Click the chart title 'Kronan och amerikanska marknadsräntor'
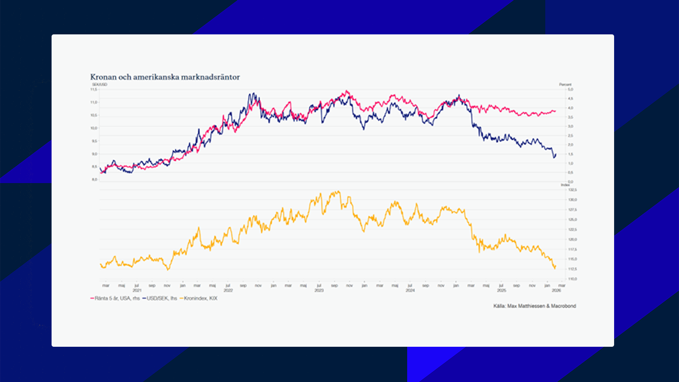pyautogui.click(x=165, y=77)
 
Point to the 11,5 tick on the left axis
pyautogui.click(x=94, y=89)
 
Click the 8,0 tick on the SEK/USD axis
pyautogui.click(x=94, y=180)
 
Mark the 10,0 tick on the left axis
pyautogui.click(x=94, y=128)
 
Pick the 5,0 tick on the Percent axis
pyautogui.click(x=570, y=89)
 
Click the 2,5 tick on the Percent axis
pyautogui.click(x=570, y=136)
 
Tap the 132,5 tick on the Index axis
pyautogui.click(x=572, y=189)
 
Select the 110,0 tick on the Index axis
pyautogui.click(x=572, y=279)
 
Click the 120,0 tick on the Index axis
pyautogui.click(x=572, y=239)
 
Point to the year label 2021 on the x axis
pyautogui.click(x=137, y=290)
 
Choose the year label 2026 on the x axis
pyautogui.click(x=556, y=290)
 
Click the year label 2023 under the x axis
pyautogui.click(x=319, y=290)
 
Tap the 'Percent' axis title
pyautogui.click(x=565, y=85)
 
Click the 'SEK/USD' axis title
pyautogui.click(x=100, y=85)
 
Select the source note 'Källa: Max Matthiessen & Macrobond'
pyautogui.click(x=535, y=306)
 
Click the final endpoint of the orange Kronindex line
pyautogui.click(x=556, y=266)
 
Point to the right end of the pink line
pyautogui.click(x=556, y=111)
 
